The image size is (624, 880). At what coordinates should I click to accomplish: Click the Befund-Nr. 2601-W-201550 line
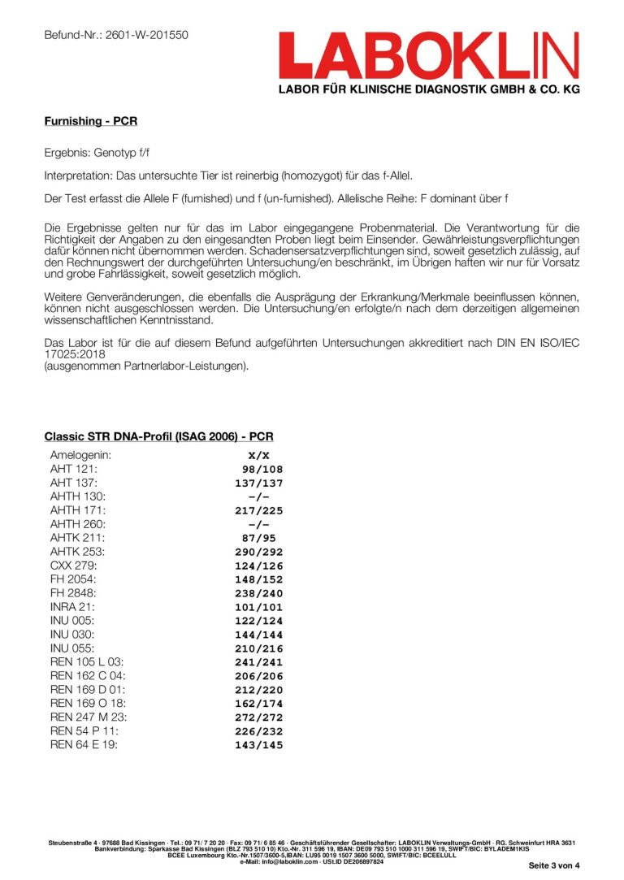tap(116, 35)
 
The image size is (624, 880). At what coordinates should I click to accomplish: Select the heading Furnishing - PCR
tap(90, 122)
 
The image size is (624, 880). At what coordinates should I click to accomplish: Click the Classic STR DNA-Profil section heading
tap(158, 436)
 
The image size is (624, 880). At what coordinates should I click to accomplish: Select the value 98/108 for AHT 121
tap(262, 469)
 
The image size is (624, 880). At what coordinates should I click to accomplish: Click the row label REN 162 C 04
tap(88, 676)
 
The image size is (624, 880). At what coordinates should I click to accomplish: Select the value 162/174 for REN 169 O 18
tap(258, 704)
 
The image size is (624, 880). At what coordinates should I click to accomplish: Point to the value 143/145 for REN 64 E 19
tap(258, 745)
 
